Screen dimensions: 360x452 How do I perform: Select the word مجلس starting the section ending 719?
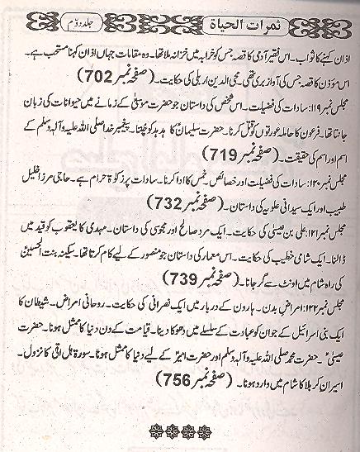click(x=338, y=124)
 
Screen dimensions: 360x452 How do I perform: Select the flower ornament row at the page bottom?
click(x=179, y=431)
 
